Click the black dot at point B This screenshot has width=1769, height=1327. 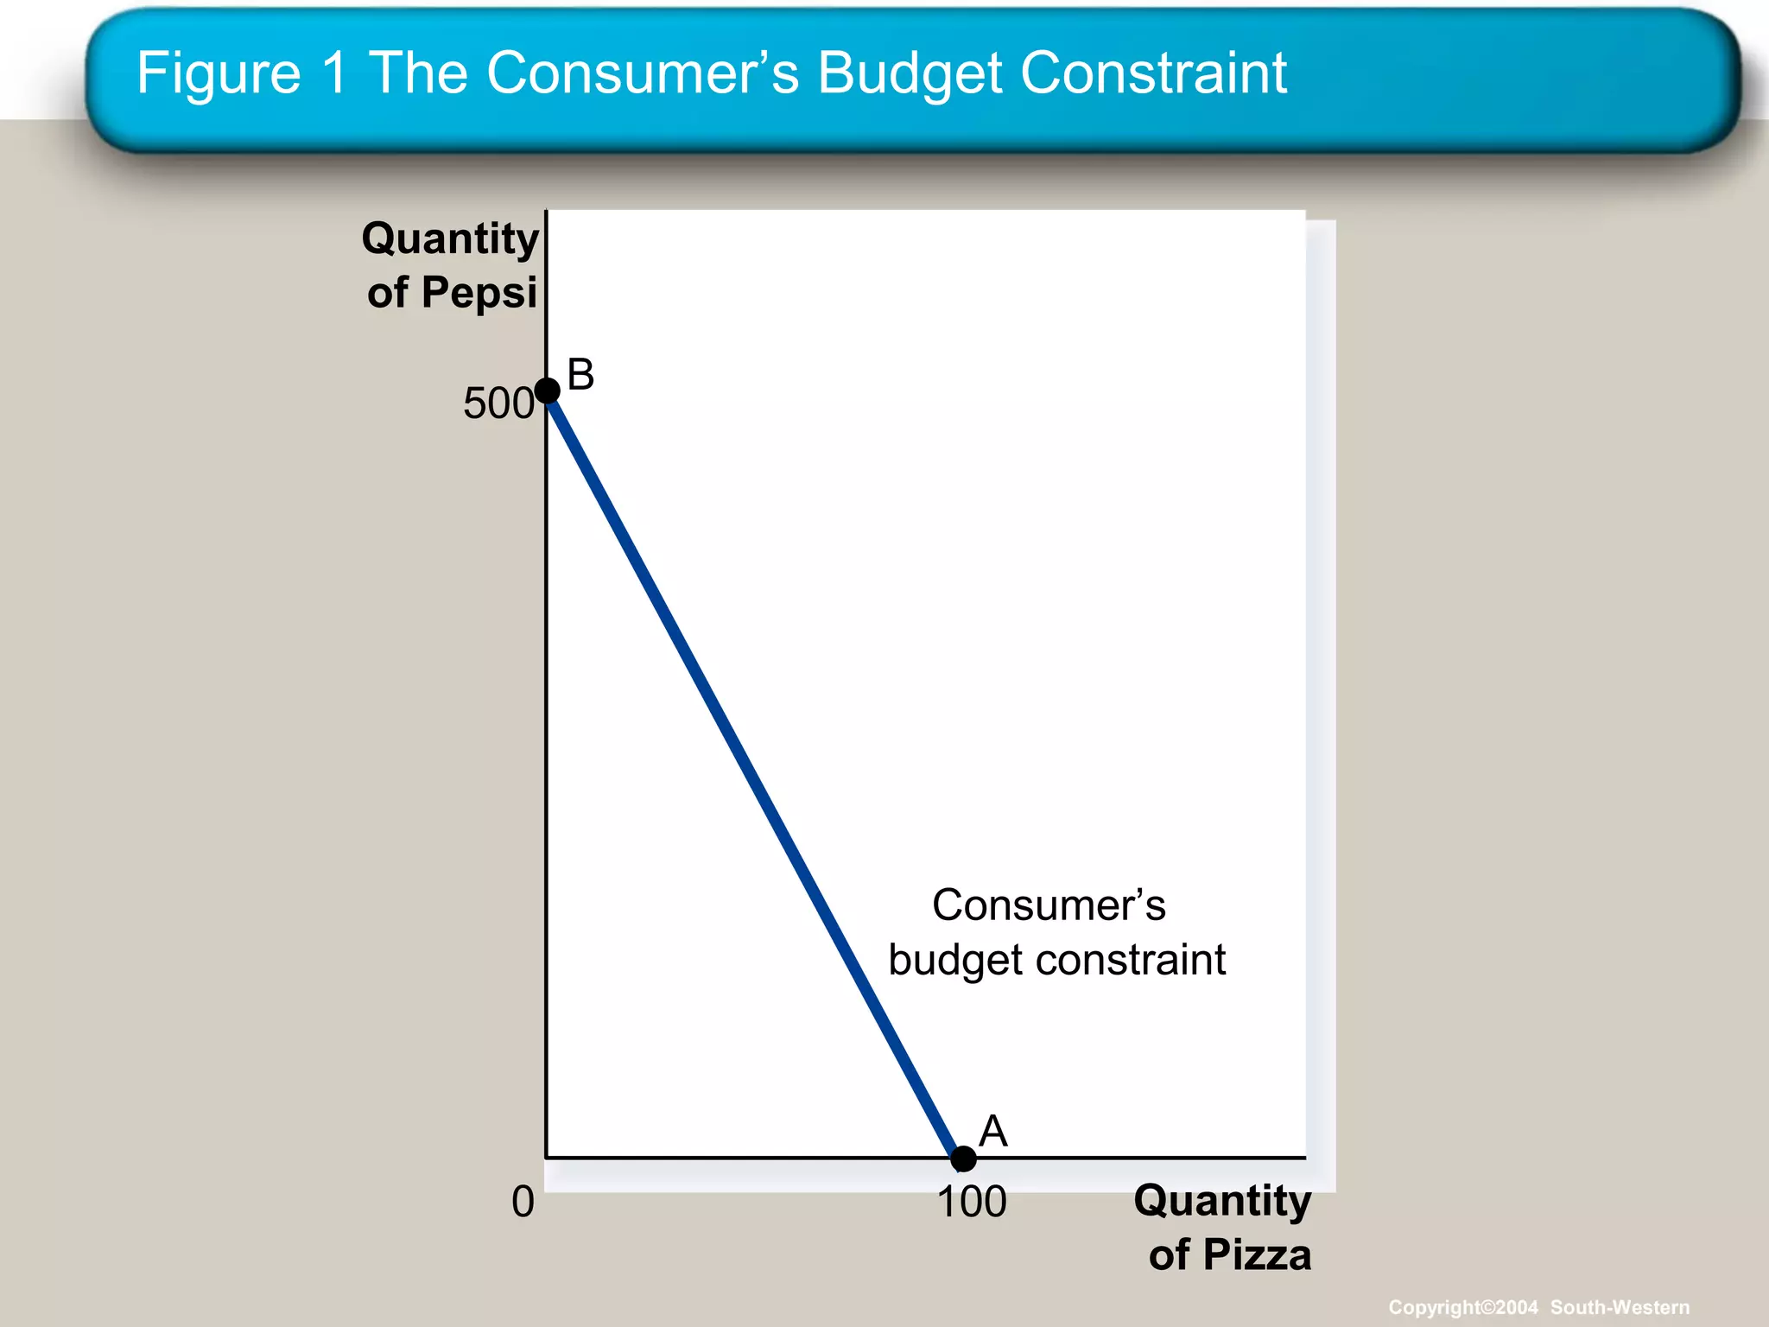click(548, 390)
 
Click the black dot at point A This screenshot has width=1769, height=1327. click(963, 1158)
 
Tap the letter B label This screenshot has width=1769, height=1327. click(580, 375)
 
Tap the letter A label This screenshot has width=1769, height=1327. click(993, 1131)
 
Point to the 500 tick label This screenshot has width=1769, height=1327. click(498, 403)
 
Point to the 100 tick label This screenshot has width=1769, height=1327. click(972, 1202)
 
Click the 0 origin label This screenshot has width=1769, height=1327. click(523, 1202)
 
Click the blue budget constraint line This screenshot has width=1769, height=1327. click(755, 774)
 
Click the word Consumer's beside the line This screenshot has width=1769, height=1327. click(1049, 905)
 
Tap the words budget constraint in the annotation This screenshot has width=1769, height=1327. click(1056, 960)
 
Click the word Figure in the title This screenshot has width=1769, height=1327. click(219, 73)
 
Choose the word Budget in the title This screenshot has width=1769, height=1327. click(910, 73)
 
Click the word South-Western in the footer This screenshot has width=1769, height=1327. click(1620, 1307)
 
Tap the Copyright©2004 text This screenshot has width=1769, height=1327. click(1462, 1307)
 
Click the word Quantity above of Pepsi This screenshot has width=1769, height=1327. click(450, 238)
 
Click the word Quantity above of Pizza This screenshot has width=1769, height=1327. click(1222, 1200)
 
